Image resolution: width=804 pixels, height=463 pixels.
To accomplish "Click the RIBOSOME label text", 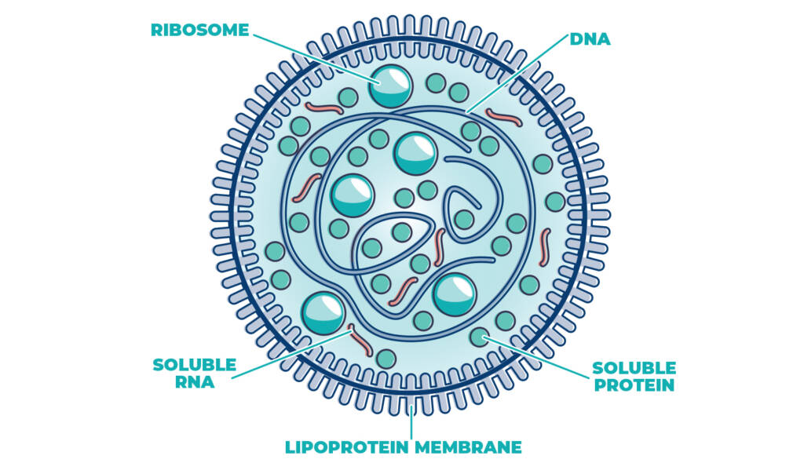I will [x=199, y=31].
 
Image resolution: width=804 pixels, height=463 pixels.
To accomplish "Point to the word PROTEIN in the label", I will [x=634, y=385].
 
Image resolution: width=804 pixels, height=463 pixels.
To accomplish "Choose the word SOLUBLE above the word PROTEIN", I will [x=634, y=367].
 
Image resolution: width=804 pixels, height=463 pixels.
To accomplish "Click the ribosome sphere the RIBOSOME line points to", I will [x=390, y=86].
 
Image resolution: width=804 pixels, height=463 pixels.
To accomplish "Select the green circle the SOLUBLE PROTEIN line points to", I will [x=478, y=337].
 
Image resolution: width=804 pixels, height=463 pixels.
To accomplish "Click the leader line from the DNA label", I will [x=518, y=75].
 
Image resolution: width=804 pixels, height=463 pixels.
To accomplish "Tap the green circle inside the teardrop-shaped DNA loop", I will [x=464, y=219].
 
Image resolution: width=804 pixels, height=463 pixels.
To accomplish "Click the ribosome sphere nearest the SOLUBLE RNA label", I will [x=323, y=312].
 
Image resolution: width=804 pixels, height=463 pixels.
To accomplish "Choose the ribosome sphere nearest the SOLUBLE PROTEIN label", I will [x=455, y=295].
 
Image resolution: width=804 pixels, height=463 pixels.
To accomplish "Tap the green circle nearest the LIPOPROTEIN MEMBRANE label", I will [x=386, y=359].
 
